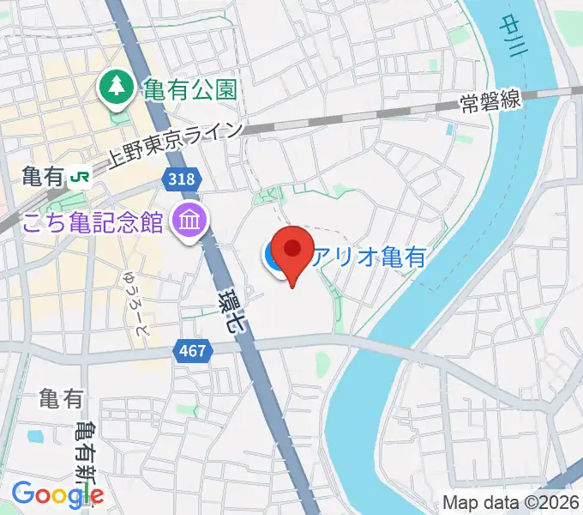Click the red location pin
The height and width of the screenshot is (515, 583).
coord(293,251)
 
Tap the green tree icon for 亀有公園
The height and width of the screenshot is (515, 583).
coord(113,86)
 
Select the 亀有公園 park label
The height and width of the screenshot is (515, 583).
coord(189,88)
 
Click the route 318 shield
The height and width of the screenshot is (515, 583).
coord(182,179)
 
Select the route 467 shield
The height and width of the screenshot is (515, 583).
coord(192,349)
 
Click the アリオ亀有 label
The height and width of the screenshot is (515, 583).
coord(369,256)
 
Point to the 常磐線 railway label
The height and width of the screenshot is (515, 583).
coord(490,101)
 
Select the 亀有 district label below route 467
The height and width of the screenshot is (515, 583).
coord(61,397)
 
